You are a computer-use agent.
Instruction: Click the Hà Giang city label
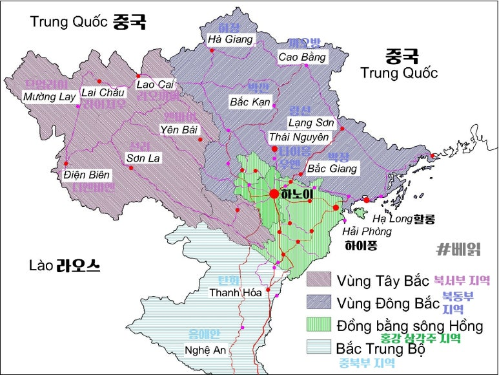click(230, 40)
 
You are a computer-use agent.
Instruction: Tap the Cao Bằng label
click(302, 58)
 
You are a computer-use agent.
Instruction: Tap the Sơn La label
click(143, 158)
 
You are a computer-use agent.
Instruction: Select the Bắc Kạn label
click(250, 102)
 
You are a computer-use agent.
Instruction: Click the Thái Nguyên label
click(299, 137)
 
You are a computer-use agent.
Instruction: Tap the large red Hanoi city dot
click(274, 194)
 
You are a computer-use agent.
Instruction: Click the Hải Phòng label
click(367, 231)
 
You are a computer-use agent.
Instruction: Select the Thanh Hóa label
click(235, 293)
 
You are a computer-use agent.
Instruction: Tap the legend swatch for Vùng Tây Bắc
click(318, 280)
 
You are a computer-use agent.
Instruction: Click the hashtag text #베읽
click(459, 248)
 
